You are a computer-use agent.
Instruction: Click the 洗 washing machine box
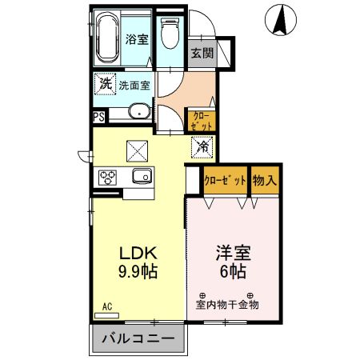click(x=105, y=83)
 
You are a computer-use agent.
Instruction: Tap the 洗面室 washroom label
click(x=134, y=83)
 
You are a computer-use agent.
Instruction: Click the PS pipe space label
click(x=98, y=117)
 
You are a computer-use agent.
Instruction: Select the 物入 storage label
click(x=264, y=181)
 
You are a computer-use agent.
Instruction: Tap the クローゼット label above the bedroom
click(x=225, y=181)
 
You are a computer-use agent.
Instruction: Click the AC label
click(x=106, y=305)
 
